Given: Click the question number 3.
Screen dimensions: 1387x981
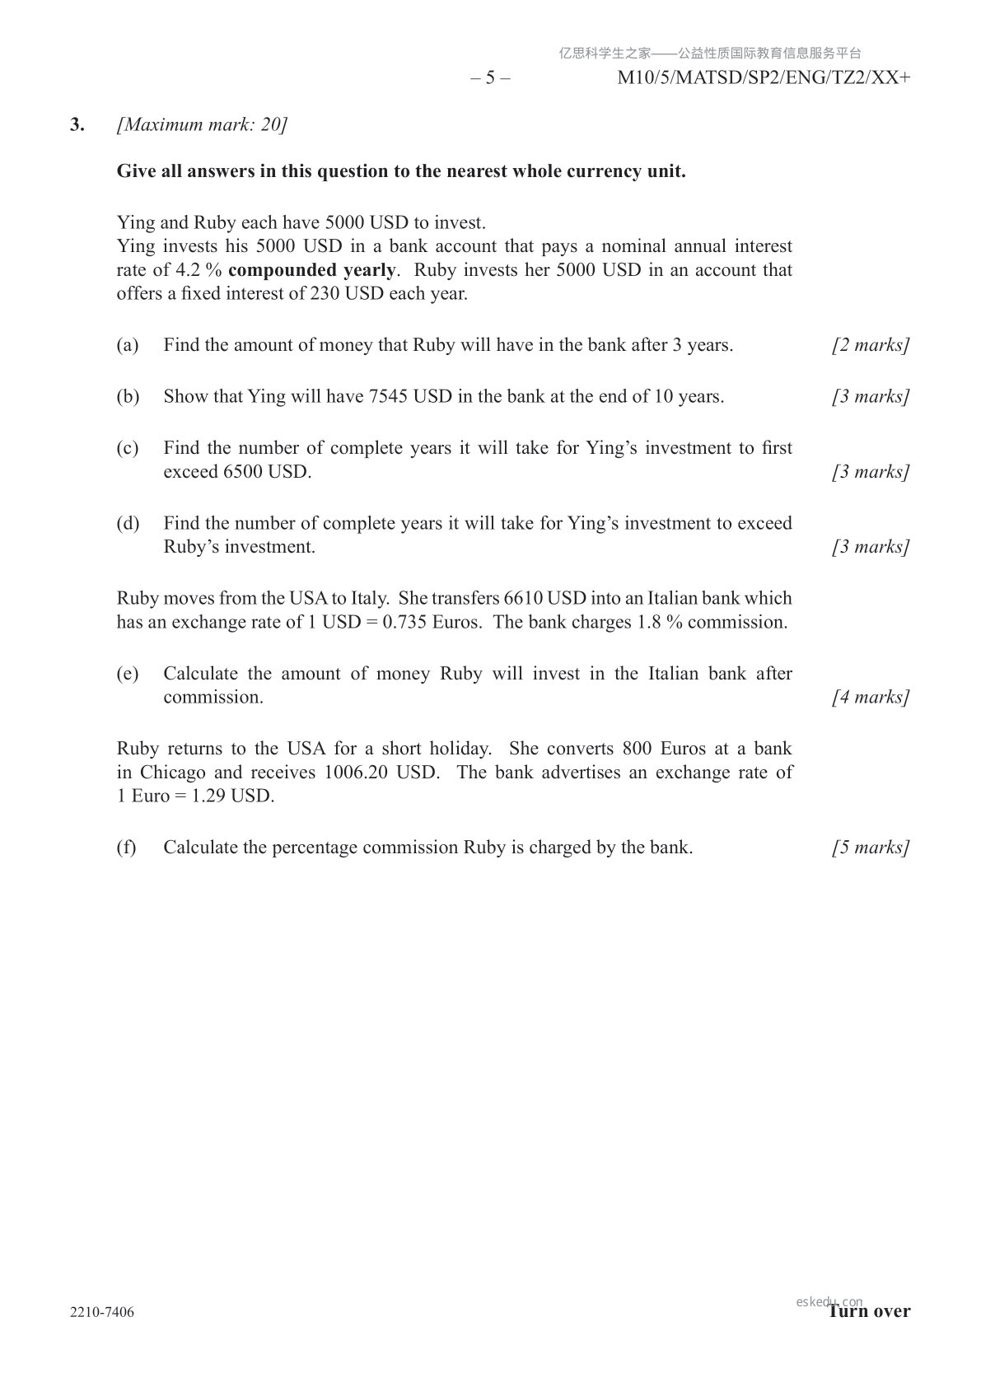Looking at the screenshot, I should [x=77, y=125].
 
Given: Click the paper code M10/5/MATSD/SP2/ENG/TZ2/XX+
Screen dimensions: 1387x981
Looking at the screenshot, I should [x=764, y=78].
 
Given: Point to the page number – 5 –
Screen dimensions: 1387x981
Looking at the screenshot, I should [x=490, y=78].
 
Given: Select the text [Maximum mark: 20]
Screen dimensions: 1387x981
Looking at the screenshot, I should [x=202, y=125].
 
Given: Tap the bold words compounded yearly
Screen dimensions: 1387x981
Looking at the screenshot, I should [x=311, y=270].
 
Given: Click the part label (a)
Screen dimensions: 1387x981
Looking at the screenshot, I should [x=128, y=345].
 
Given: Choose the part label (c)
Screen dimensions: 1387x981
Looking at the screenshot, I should [x=128, y=448].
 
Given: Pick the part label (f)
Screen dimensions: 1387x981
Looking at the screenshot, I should [x=126, y=848].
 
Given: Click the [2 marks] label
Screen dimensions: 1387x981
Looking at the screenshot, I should [x=870, y=345].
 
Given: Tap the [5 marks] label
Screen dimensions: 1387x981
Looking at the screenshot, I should [x=870, y=848].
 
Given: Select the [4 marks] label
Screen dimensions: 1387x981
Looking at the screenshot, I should [x=870, y=698].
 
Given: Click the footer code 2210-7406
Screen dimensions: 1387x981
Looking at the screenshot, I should [x=102, y=1312].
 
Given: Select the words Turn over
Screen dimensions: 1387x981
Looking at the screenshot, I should [x=870, y=1311].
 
